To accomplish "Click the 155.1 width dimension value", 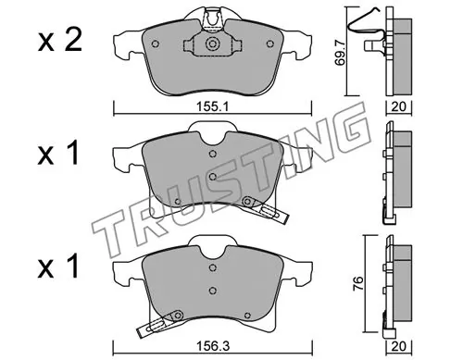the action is (212, 107).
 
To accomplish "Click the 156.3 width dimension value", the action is (213, 346).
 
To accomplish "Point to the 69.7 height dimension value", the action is (340, 55).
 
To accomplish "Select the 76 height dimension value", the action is (357, 284).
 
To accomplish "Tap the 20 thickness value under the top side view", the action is (398, 106).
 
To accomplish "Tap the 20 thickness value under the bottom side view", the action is (398, 346).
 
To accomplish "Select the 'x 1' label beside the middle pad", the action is (58, 155).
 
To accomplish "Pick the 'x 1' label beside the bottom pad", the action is (58, 267).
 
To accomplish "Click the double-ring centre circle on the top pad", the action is (212, 43).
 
